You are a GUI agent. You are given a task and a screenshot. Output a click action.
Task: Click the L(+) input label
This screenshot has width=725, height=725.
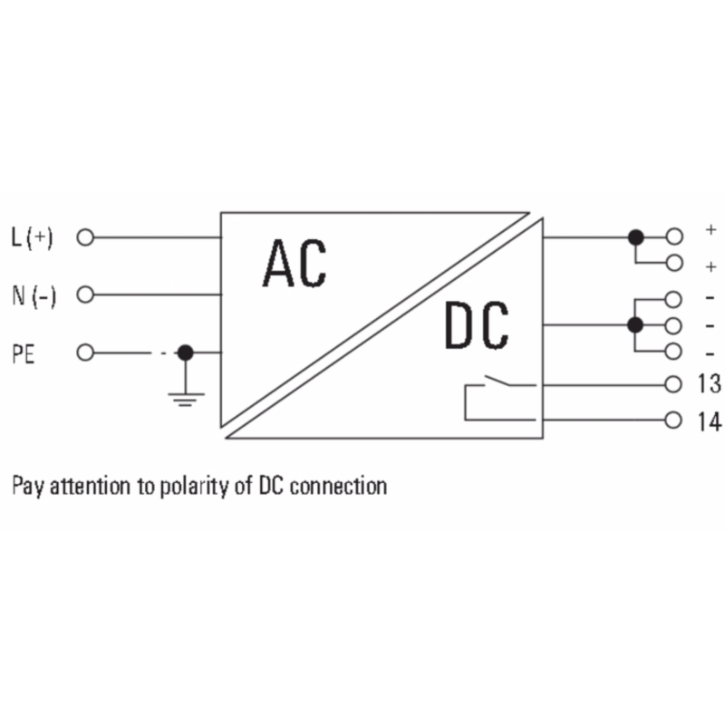pos(33,238)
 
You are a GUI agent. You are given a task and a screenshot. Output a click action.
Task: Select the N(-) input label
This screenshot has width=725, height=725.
pos(34,295)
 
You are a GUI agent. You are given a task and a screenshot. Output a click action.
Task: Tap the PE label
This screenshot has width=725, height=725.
pos(23,353)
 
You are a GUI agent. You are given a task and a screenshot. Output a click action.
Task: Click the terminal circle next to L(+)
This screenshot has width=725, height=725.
pos(86,238)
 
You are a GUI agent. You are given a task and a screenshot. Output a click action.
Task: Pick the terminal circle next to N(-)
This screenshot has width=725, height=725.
pos(86,295)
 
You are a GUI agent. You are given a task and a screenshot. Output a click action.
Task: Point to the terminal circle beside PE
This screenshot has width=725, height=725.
pos(86,353)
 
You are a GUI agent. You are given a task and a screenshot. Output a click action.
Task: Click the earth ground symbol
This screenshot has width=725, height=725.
pos(186,396)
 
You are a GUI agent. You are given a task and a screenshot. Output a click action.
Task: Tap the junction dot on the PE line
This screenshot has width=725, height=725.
pos(186,353)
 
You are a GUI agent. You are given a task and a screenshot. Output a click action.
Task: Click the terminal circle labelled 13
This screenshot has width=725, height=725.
pos(672,384)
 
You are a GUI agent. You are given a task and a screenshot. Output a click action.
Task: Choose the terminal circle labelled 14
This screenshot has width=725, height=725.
pos(672,420)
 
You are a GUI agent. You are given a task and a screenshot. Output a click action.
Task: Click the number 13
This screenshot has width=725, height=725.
pos(710,384)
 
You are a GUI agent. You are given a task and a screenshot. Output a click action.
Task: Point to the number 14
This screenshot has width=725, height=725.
pos(710,420)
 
